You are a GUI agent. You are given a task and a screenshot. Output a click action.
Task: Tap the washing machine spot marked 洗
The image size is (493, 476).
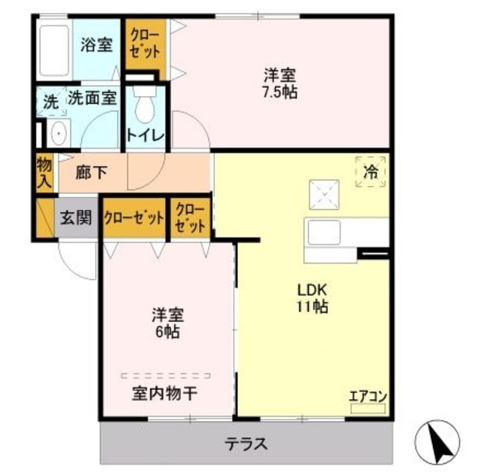coord(50,101)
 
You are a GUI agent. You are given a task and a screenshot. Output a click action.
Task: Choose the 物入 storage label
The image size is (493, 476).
coord(44,172)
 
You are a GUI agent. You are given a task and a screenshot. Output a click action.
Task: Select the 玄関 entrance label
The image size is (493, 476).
coord(76,218)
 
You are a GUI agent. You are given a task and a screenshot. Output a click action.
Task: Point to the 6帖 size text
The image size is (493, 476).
coord(166,333)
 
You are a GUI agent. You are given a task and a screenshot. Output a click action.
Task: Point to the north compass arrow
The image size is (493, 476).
coord(438,442)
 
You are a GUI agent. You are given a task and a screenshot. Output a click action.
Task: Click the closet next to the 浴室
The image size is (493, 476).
coord(145,45)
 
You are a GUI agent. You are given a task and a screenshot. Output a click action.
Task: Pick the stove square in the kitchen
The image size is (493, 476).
coord(323,191)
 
